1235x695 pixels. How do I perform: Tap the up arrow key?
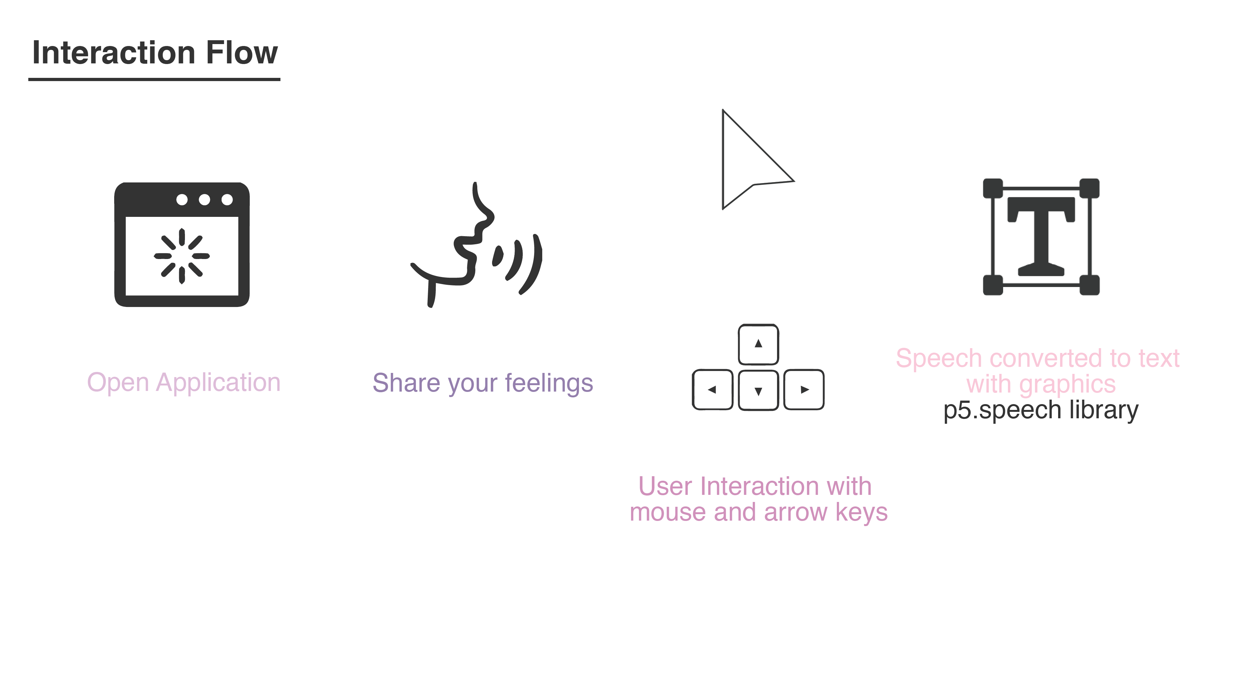click(x=758, y=344)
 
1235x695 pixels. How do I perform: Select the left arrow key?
click(x=712, y=389)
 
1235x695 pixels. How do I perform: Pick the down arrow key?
click(x=758, y=390)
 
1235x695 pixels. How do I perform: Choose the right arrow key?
click(x=804, y=389)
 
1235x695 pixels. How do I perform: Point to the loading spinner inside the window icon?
click(x=182, y=256)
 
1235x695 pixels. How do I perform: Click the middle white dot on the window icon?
click(x=204, y=199)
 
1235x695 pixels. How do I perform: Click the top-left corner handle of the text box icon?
click(x=993, y=188)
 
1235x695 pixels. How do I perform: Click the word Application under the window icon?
click(x=218, y=383)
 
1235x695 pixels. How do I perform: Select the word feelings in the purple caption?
click(x=549, y=384)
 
